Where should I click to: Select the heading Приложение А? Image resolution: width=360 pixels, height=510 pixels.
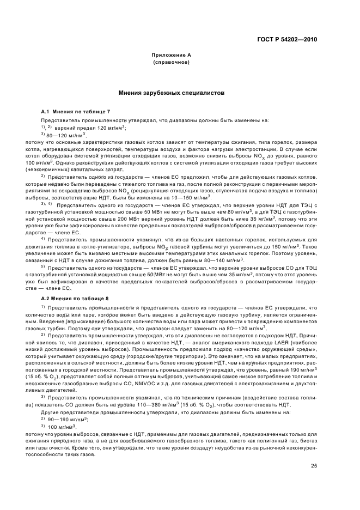pyautogui.click(x=171, y=56)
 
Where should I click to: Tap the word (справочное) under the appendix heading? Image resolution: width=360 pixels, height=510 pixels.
pyautogui.click(x=171, y=63)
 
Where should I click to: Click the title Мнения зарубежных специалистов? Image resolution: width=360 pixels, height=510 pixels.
pyautogui.click(x=171, y=93)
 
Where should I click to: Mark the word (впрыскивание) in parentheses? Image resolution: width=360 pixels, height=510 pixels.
pyautogui.click(x=75, y=322)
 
